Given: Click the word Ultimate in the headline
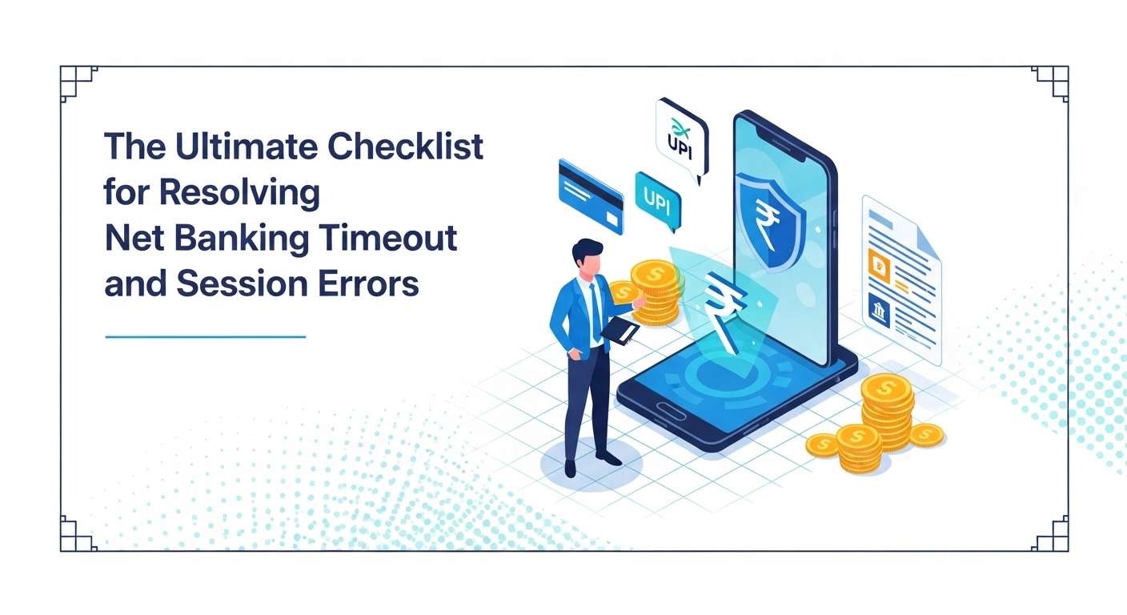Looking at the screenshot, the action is pyautogui.click(x=247, y=146).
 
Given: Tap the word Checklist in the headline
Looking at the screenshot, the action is pyautogui.click(x=406, y=146).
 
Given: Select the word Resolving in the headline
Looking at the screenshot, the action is pyautogui.click(x=239, y=194).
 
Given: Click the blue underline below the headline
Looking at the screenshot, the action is pyautogui.click(x=205, y=336).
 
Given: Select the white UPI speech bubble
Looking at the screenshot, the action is pyautogui.click(x=682, y=139).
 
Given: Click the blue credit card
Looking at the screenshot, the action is pyautogui.click(x=592, y=196).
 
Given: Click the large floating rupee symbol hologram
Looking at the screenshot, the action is pyautogui.click(x=724, y=311).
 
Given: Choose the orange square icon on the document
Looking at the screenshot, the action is pyautogui.click(x=879, y=266).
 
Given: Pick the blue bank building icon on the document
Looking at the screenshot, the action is pyautogui.click(x=878, y=310).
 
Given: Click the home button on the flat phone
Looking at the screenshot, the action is pyautogui.click(x=672, y=411).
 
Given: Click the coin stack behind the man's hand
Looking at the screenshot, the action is pyautogui.click(x=656, y=292).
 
